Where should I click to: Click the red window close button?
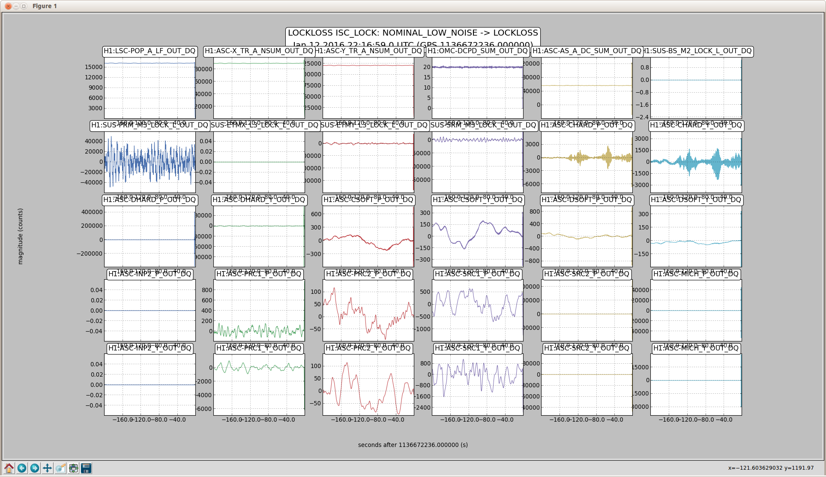(x=8, y=6)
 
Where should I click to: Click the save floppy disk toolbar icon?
(x=86, y=468)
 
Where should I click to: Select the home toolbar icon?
(x=9, y=468)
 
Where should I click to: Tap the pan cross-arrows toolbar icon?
(x=48, y=468)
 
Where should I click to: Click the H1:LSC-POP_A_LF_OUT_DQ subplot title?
(x=150, y=51)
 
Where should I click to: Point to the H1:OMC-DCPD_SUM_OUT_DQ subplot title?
(x=477, y=51)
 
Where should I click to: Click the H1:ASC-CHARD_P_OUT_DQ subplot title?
(x=587, y=125)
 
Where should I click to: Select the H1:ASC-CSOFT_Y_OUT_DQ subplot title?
(x=477, y=200)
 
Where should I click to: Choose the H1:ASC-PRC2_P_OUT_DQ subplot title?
(x=368, y=274)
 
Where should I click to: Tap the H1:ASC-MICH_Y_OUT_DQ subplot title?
(x=696, y=348)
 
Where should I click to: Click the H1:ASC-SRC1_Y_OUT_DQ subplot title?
(x=477, y=348)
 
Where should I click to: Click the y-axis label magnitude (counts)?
(x=21, y=236)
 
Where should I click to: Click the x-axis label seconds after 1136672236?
(x=413, y=445)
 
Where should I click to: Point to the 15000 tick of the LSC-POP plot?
(x=94, y=67)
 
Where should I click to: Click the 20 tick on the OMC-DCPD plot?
(x=427, y=67)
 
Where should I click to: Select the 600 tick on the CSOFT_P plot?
(x=316, y=214)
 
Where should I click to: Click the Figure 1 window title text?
(x=45, y=6)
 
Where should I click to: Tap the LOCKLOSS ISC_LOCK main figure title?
(x=413, y=33)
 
